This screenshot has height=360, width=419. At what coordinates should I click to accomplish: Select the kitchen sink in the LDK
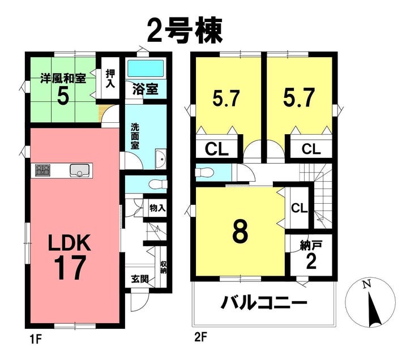[80, 170]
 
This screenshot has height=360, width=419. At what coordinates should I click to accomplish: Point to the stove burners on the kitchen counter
[43, 170]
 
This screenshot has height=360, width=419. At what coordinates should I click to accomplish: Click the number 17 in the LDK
[70, 267]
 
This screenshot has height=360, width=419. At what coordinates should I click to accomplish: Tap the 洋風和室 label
[63, 79]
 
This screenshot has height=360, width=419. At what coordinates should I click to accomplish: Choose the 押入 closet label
[110, 78]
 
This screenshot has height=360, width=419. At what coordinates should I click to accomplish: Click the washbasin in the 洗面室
[161, 159]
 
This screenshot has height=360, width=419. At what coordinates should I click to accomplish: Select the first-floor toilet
[157, 185]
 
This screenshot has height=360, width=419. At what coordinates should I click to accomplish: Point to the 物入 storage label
[157, 208]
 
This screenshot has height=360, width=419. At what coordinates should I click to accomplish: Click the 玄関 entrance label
[140, 279]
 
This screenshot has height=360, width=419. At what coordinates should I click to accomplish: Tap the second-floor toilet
[205, 173]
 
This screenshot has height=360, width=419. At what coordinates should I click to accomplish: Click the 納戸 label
[311, 245]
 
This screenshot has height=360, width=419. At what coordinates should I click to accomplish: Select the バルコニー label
[263, 303]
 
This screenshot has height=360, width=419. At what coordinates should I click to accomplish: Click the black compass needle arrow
[374, 310]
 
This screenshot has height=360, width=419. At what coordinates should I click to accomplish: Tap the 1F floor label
[36, 340]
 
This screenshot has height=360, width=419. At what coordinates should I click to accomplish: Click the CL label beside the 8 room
[300, 208]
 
